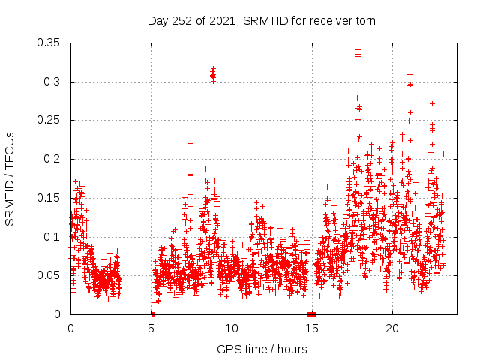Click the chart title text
click(x=262, y=20)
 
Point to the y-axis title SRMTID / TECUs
click(x=10, y=178)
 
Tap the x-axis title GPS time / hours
click(x=262, y=349)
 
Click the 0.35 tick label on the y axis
click(x=49, y=43)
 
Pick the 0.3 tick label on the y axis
click(x=52, y=82)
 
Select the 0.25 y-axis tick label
click(x=49, y=120)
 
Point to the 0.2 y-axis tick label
click(x=52, y=159)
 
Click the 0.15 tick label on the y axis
click(x=49, y=198)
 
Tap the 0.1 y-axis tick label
click(x=52, y=236)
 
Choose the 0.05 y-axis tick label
click(x=49, y=275)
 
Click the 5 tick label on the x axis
click(x=151, y=328)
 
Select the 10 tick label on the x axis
click(x=232, y=328)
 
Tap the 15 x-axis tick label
click(x=312, y=328)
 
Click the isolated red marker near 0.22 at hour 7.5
click(x=190, y=143)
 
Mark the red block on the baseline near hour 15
click(x=312, y=313)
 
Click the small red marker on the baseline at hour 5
click(x=153, y=313)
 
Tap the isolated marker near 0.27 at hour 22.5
click(x=432, y=103)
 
